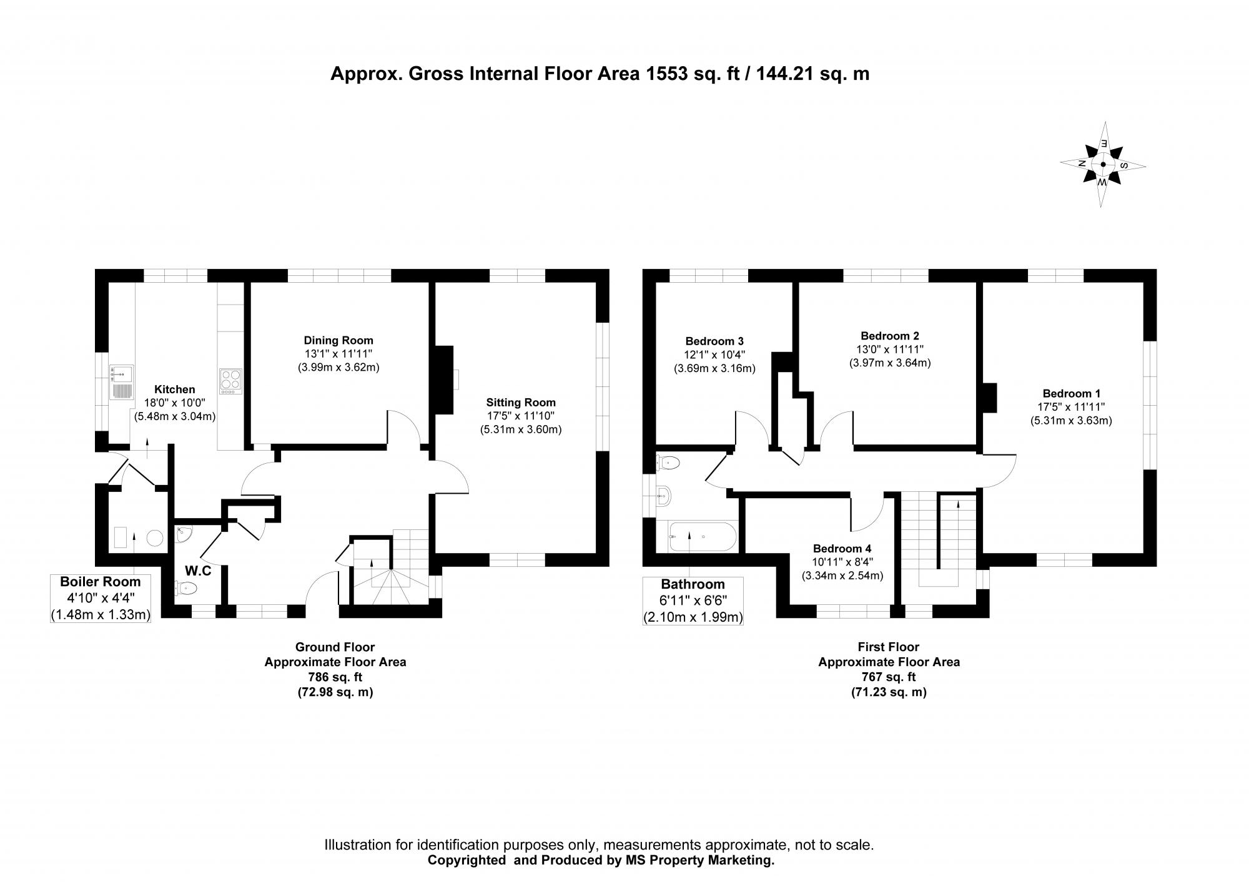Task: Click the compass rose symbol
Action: click(x=1103, y=165)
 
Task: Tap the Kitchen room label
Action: click(x=175, y=390)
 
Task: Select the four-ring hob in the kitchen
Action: click(x=230, y=381)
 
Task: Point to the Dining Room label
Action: click(x=338, y=341)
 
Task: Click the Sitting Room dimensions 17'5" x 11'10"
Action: click(x=521, y=416)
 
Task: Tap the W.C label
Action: click(x=198, y=571)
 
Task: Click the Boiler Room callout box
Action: click(x=101, y=599)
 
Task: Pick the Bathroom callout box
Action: click(x=693, y=601)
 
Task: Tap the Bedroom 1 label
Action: click(x=1071, y=393)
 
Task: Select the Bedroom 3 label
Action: click(x=714, y=341)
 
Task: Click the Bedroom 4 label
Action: click(x=842, y=549)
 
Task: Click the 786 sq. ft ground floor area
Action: click(x=335, y=677)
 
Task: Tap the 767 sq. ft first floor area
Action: click(x=889, y=677)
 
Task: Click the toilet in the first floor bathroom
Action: click(x=668, y=463)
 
